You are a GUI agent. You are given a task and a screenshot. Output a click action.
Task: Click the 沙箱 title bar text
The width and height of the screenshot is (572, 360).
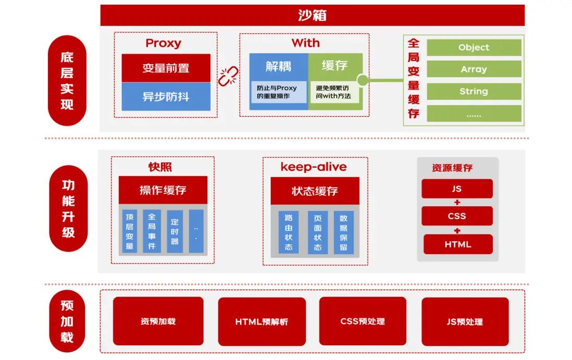(x=312, y=15)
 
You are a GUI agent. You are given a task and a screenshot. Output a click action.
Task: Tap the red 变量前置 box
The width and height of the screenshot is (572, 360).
(x=166, y=68)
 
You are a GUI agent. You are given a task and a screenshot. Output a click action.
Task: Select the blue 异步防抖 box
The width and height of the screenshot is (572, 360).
(x=166, y=96)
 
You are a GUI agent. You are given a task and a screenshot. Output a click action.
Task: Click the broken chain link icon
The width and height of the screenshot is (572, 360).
(x=228, y=77)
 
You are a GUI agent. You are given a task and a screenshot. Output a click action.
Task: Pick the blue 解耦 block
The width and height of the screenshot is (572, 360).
(x=279, y=66)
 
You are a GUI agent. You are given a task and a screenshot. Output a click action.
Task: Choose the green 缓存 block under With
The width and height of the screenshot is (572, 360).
(x=335, y=66)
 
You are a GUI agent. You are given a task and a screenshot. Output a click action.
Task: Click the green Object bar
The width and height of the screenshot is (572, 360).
(x=474, y=47)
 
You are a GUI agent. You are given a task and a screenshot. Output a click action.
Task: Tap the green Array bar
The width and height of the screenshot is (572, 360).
(x=474, y=69)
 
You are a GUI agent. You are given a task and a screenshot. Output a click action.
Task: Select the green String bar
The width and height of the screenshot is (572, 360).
(x=474, y=91)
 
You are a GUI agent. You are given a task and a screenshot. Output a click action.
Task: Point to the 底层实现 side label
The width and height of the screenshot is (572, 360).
(x=67, y=81)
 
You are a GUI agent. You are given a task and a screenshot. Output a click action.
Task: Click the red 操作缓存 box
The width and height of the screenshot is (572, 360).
(x=163, y=190)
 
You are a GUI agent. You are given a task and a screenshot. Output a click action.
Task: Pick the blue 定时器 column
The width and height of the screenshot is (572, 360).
(x=175, y=231)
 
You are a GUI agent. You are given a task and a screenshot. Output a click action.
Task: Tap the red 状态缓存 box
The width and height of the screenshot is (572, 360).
(x=315, y=191)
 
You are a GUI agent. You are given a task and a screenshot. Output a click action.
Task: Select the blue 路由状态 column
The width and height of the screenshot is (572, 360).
(x=289, y=232)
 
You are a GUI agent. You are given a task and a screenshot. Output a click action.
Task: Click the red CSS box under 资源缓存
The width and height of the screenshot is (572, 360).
(x=457, y=216)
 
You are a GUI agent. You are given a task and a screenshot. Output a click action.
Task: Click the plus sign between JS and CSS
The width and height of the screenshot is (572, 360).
(x=457, y=202)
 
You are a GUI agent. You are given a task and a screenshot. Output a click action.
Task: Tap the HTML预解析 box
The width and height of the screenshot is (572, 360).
(x=262, y=321)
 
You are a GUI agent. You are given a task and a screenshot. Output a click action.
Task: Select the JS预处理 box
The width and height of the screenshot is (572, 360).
(x=465, y=321)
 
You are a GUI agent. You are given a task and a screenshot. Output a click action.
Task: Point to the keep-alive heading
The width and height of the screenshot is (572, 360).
(x=314, y=167)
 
